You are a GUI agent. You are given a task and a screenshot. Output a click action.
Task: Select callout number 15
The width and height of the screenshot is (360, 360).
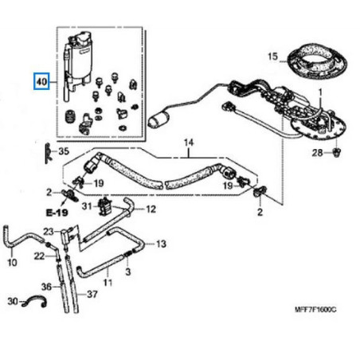click(272, 57)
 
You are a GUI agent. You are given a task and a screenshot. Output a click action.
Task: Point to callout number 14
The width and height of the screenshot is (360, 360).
click(189, 143)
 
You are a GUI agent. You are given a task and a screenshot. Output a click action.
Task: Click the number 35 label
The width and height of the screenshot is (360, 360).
click(65, 151)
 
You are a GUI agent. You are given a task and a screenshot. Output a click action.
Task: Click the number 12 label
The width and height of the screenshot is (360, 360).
click(151, 209)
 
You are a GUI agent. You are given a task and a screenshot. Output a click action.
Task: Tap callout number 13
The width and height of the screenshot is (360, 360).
click(161, 243)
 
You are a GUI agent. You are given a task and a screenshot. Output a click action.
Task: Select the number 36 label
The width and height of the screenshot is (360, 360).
click(46, 287)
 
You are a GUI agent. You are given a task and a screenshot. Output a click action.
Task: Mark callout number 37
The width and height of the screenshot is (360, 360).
click(93, 294)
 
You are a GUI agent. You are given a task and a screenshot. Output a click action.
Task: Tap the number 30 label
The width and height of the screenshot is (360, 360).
click(12, 301)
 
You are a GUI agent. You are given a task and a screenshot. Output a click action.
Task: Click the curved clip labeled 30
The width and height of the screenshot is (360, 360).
click(35, 302)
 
